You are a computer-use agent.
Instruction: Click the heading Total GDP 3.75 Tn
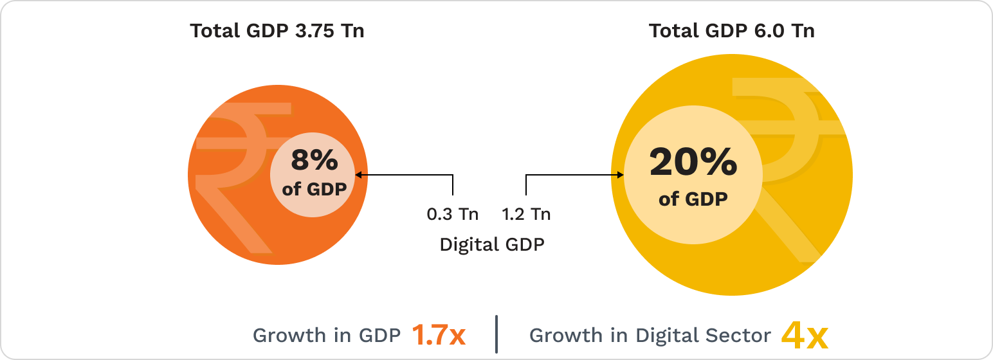[x=277, y=31]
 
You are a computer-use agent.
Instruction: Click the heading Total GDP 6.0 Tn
[x=731, y=31]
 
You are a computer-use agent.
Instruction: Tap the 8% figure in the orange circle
[x=314, y=160]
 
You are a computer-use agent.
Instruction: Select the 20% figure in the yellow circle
[x=693, y=162]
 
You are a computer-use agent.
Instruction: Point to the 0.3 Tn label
[x=453, y=214]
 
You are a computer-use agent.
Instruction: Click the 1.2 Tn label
[x=526, y=214]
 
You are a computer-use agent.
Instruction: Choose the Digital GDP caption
[x=492, y=245]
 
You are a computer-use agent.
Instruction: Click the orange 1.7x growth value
[x=438, y=336]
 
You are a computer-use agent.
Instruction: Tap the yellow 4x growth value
[x=804, y=336]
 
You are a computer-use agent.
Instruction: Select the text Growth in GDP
[x=327, y=336]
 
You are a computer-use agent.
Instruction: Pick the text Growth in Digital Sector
[x=650, y=336]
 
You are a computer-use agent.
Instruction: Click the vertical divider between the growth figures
[x=496, y=334]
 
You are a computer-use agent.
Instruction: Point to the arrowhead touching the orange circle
[x=359, y=174]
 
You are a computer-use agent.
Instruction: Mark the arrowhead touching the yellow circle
[x=621, y=175]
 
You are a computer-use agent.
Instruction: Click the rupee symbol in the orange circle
[x=232, y=180]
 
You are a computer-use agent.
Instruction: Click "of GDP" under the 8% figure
[x=314, y=190]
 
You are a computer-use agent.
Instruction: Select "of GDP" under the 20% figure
[x=693, y=199]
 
